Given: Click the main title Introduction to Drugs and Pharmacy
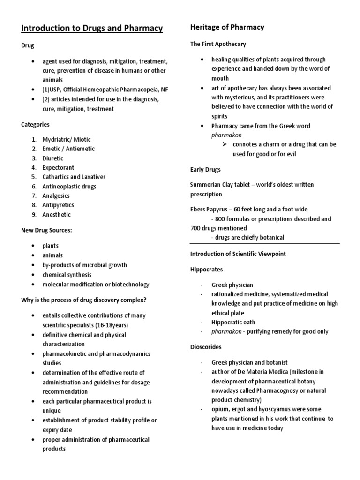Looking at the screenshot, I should (x=92, y=29).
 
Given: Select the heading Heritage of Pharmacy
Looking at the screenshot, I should (x=227, y=27).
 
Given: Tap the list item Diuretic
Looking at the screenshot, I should (x=53, y=158).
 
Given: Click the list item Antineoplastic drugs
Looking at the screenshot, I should (x=69, y=187).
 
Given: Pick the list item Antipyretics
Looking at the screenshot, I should (x=58, y=205).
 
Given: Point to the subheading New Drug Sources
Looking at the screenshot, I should (x=46, y=230).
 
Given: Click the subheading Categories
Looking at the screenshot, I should (x=35, y=125).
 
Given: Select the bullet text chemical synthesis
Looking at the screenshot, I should (x=67, y=275).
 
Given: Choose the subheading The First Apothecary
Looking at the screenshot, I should (x=218, y=44).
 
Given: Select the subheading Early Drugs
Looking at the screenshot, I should (x=205, y=169).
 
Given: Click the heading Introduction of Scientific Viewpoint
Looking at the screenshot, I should (x=238, y=254).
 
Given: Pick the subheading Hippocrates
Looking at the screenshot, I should (x=206, y=270).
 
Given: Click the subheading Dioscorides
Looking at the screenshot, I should (x=206, y=347).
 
